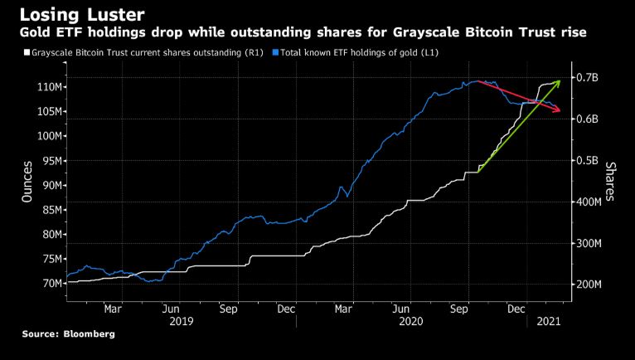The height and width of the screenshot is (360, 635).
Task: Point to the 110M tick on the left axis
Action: pos(46,87)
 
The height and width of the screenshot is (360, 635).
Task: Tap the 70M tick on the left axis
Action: pos(48,284)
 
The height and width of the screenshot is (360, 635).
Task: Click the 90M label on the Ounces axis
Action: pos(48,185)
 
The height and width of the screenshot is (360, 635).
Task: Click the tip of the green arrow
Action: pos(560,80)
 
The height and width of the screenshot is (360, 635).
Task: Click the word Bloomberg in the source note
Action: pos(90,333)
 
